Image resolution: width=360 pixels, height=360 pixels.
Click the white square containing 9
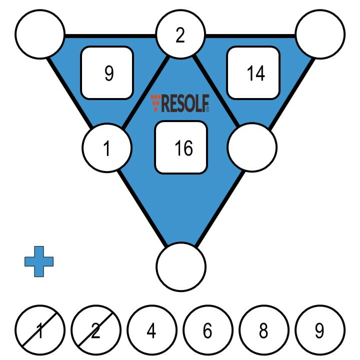pyautogui.click(x=107, y=72)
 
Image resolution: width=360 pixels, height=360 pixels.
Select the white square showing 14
pyautogui.click(x=253, y=72)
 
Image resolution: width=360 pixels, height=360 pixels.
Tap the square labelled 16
pyautogui.click(x=180, y=147)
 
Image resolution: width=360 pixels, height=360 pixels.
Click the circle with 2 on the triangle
pyautogui.click(x=180, y=35)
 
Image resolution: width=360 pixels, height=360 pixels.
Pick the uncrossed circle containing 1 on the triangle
pyautogui.click(x=107, y=148)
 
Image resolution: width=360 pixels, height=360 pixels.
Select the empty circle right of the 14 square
pyautogui.click(x=320, y=34)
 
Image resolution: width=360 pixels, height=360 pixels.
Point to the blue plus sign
pyautogui.click(x=39, y=261)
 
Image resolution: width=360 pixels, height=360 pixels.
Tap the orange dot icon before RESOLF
pyautogui.click(x=156, y=102)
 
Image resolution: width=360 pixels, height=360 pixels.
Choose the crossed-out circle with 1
pyautogui.click(x=40, y=330)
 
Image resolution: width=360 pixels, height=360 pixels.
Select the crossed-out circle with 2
pyautogui.click(x=96, y=330)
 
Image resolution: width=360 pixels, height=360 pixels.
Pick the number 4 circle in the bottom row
pyautogui.click(x=151, y=330)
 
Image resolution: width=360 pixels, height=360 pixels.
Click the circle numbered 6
pyautogui.click(x=207, y=330)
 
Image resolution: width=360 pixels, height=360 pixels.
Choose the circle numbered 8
pyautogui.click(x=263, y=330)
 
